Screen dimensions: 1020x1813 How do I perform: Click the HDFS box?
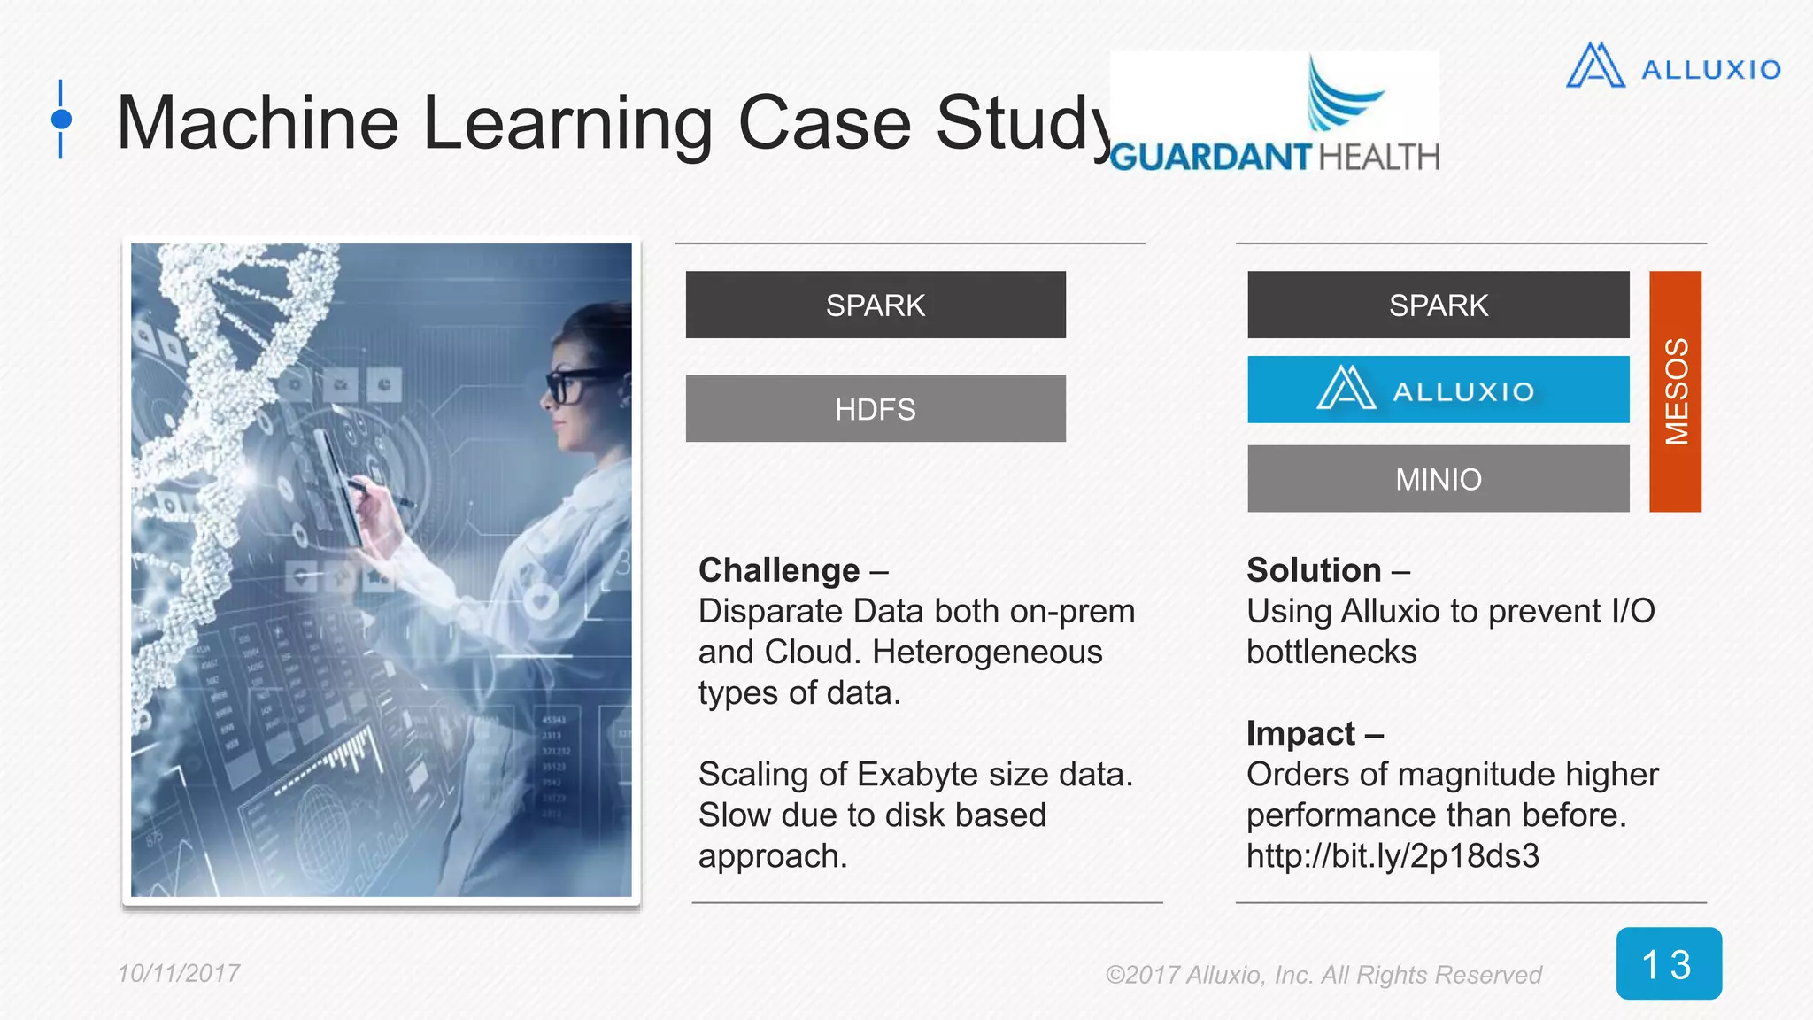pos(876,408)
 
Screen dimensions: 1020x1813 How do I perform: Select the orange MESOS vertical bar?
pos(1675,391)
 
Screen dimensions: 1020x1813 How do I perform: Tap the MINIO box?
pos(1438,479)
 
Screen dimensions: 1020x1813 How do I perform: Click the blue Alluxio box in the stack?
pos(1438,390)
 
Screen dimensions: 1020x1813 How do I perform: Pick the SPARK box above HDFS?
pos(876,305)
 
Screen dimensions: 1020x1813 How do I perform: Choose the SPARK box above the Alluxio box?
pos(1438,305)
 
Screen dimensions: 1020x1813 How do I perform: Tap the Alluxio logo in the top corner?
pos(1673,66)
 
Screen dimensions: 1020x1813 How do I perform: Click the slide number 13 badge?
pos(1668,963)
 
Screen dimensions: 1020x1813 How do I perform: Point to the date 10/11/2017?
pos(179,973)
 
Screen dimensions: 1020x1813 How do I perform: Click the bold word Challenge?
pos(779,570)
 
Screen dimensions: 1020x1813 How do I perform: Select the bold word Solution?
pos(1314,570)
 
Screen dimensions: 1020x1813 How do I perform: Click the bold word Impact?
pos(1300,733)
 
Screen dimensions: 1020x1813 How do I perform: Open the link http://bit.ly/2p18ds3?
pos(1393,856)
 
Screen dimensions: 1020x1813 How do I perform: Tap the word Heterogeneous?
pos(987,653)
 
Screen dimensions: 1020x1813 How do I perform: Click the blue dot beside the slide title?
pos(61,119)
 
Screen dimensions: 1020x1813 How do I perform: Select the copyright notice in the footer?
pos(1323,975)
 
